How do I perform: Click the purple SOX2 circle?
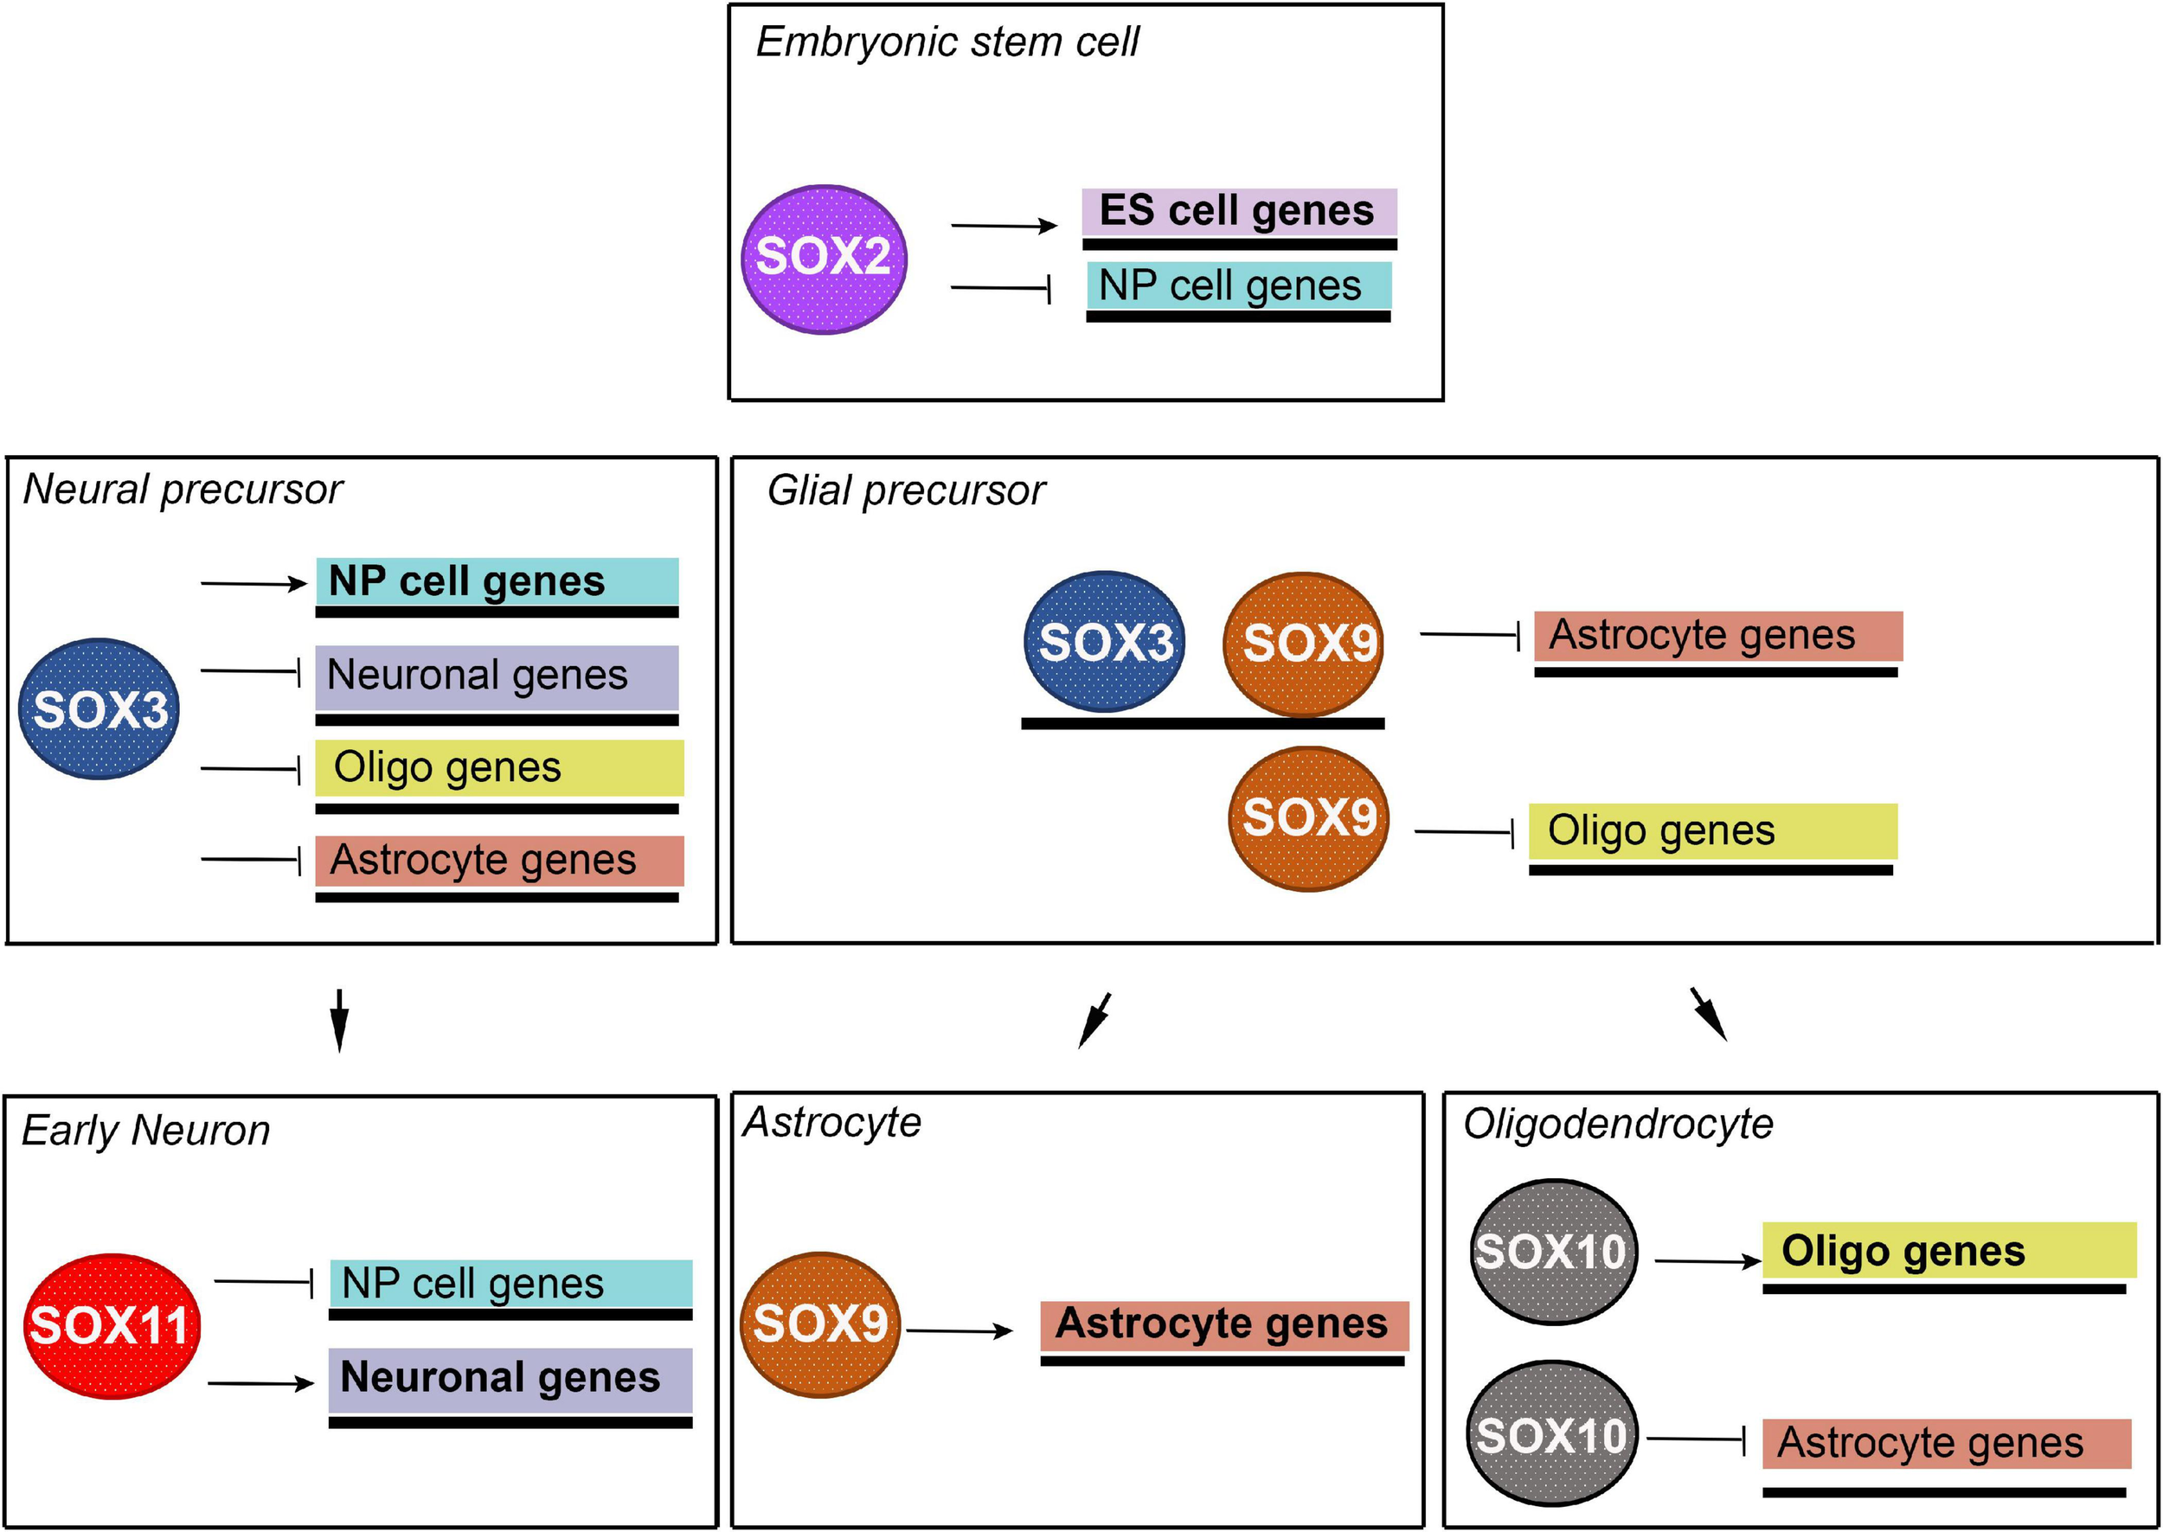pos(824,259)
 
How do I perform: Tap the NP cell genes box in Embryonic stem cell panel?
pos(1237,285)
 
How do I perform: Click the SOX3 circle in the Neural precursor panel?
pos(99,709)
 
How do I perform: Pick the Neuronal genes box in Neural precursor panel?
pos(496,676)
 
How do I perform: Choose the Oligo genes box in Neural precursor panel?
pos(498,768)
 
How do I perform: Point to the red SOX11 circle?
pos(112,1325)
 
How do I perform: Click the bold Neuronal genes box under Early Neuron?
pos(510,1378)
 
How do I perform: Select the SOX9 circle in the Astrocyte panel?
pos(819,1324)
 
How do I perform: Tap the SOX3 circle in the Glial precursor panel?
pos(1105,643)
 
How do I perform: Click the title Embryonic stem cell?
pos(947,42)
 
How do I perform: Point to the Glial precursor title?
pos(906,490)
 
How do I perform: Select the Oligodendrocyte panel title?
pos(1618,1125)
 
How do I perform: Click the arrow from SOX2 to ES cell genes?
pos(1004,226)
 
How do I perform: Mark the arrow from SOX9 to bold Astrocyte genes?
pos(959,1331)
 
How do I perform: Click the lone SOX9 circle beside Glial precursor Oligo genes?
pos(1307,817)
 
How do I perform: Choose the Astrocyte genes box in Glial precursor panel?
pos(1717,636)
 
